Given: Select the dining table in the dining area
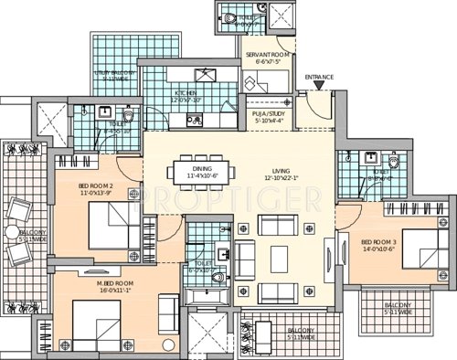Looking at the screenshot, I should (x=204, y=171).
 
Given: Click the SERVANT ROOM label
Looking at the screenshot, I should (x=268, y=57).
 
